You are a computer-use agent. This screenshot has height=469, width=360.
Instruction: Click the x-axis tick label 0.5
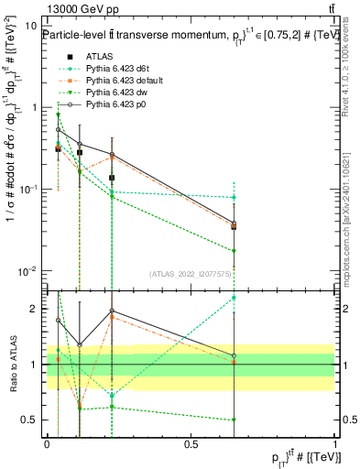(191, 442)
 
